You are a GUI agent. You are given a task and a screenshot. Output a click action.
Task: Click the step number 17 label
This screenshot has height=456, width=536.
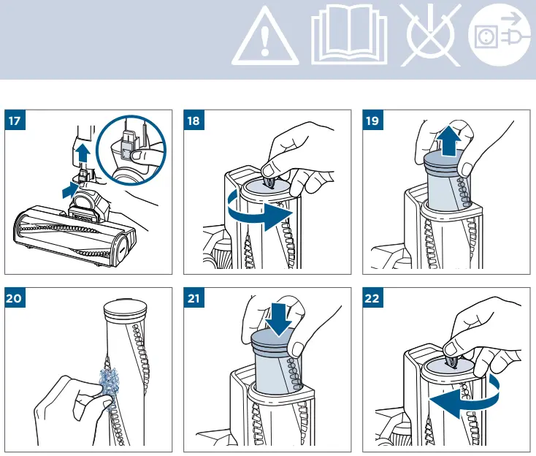[15, 120]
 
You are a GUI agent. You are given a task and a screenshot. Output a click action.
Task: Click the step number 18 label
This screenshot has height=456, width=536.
[194, 120]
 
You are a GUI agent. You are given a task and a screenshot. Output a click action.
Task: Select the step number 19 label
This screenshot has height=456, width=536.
[373, 120]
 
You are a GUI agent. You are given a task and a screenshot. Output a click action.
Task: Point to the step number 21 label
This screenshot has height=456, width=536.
[194, 297]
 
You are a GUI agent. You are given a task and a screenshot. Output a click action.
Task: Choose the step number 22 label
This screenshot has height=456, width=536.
[373, 297]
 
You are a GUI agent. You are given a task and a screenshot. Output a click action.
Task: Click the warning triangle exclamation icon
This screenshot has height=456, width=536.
[265, 36]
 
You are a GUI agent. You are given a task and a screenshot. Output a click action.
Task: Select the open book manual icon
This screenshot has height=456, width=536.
[349, 34]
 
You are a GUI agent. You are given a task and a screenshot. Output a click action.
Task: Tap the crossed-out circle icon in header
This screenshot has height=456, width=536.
[431, 34]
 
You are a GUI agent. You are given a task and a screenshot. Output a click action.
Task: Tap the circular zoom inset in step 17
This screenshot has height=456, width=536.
[131, 151]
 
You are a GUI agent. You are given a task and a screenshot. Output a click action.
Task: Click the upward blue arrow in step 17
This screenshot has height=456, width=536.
[83, 153]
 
